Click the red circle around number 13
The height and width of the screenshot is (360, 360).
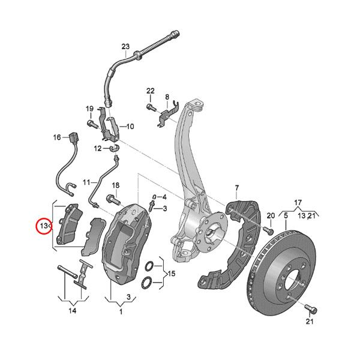coord(44,226)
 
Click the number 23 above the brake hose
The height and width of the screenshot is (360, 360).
coord(125,47)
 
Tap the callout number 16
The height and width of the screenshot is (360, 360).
coord(57,137)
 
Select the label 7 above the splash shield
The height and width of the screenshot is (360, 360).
coord(237,188)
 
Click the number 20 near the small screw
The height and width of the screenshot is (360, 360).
coord(270,215)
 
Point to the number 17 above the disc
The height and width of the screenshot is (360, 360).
coord(298,202)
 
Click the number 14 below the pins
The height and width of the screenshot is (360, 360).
coord(72,310)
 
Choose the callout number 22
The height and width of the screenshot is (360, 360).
coord(150,91)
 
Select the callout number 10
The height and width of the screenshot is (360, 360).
coord(130,127)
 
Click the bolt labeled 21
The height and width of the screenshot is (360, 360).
coord(310,308)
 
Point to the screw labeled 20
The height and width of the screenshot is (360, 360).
coord(268,230)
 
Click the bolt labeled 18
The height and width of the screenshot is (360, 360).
coord(112,198)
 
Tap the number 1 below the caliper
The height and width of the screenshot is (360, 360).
coord(120,311)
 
